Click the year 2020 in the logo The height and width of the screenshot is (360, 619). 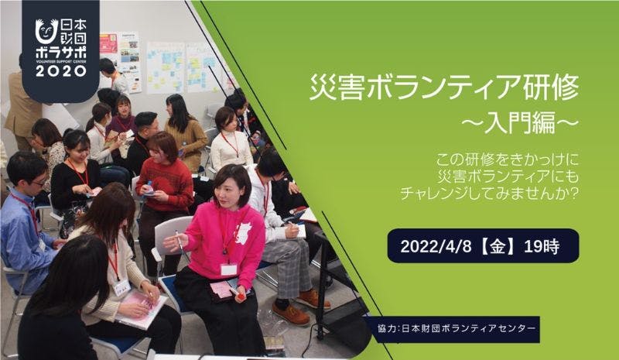click(x=61, y=70)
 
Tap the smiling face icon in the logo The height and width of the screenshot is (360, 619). click(x=46, y=32)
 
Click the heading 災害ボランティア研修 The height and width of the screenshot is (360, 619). click(x=444, y=87)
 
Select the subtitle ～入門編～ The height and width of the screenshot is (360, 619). click(x=520, y=123)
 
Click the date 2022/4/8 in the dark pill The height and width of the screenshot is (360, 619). click(x=436, y=247)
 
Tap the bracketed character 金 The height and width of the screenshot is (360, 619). click(x=498, y=247)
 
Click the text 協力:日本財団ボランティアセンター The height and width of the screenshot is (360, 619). click(x=457, y=328)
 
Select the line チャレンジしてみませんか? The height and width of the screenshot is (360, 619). click(x=490, y=194)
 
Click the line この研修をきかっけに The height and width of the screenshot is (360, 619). click(x=507, y=160)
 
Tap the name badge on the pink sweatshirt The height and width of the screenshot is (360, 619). click(x=229, y=269)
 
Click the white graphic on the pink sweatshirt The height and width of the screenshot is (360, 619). click(x=243, y=233)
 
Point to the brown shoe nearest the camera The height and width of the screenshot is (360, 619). click(x=291, y=314)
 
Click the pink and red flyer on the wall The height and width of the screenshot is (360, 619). click(x=108, y=43)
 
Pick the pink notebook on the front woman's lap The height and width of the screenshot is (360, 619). click(x=141, y=308)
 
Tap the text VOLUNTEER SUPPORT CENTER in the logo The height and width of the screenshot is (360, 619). click(x=61, y=61)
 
